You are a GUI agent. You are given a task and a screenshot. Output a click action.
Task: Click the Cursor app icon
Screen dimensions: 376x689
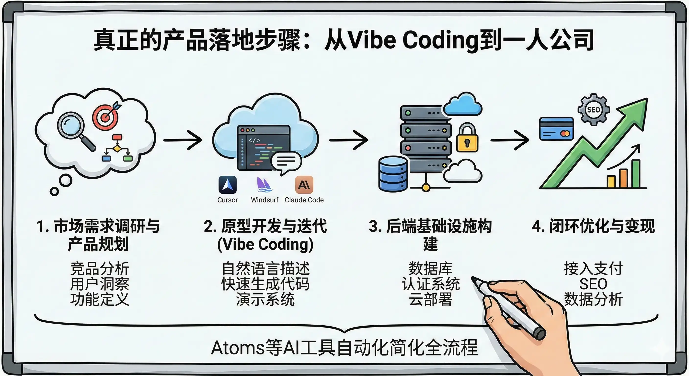coord(227,185)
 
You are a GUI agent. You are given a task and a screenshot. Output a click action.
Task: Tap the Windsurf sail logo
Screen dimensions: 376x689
coord(264,185)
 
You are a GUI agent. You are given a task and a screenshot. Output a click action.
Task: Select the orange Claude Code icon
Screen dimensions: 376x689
coord(304,185)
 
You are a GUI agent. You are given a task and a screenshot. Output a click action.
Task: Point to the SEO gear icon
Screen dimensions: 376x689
coord(594,109)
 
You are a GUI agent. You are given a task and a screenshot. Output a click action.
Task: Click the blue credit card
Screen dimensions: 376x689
coord(556,129)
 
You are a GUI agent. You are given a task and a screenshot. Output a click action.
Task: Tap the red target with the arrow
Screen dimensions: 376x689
coord(106,117)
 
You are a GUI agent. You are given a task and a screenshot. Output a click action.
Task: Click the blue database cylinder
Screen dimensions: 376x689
coord(393,174)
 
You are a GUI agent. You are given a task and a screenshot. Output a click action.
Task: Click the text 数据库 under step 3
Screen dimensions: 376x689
coord(430,269)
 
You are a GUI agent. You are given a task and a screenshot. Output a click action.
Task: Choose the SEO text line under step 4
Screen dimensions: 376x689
coord(593,284)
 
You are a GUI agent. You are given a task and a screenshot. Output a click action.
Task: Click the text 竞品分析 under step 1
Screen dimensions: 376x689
coord(100,269)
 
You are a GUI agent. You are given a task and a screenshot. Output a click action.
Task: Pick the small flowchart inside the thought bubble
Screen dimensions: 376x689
coord(117,148)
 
